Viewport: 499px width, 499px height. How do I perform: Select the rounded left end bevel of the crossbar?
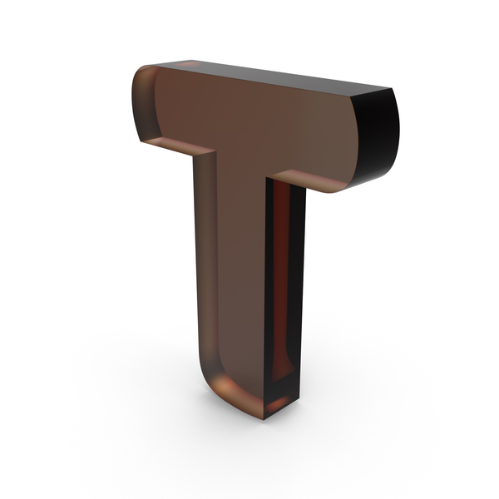point(145,105)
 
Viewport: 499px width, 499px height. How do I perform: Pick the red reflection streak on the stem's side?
point(281,280)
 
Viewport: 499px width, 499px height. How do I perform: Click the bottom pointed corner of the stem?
point(264,419)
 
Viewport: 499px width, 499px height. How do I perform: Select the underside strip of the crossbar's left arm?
point(178,146)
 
